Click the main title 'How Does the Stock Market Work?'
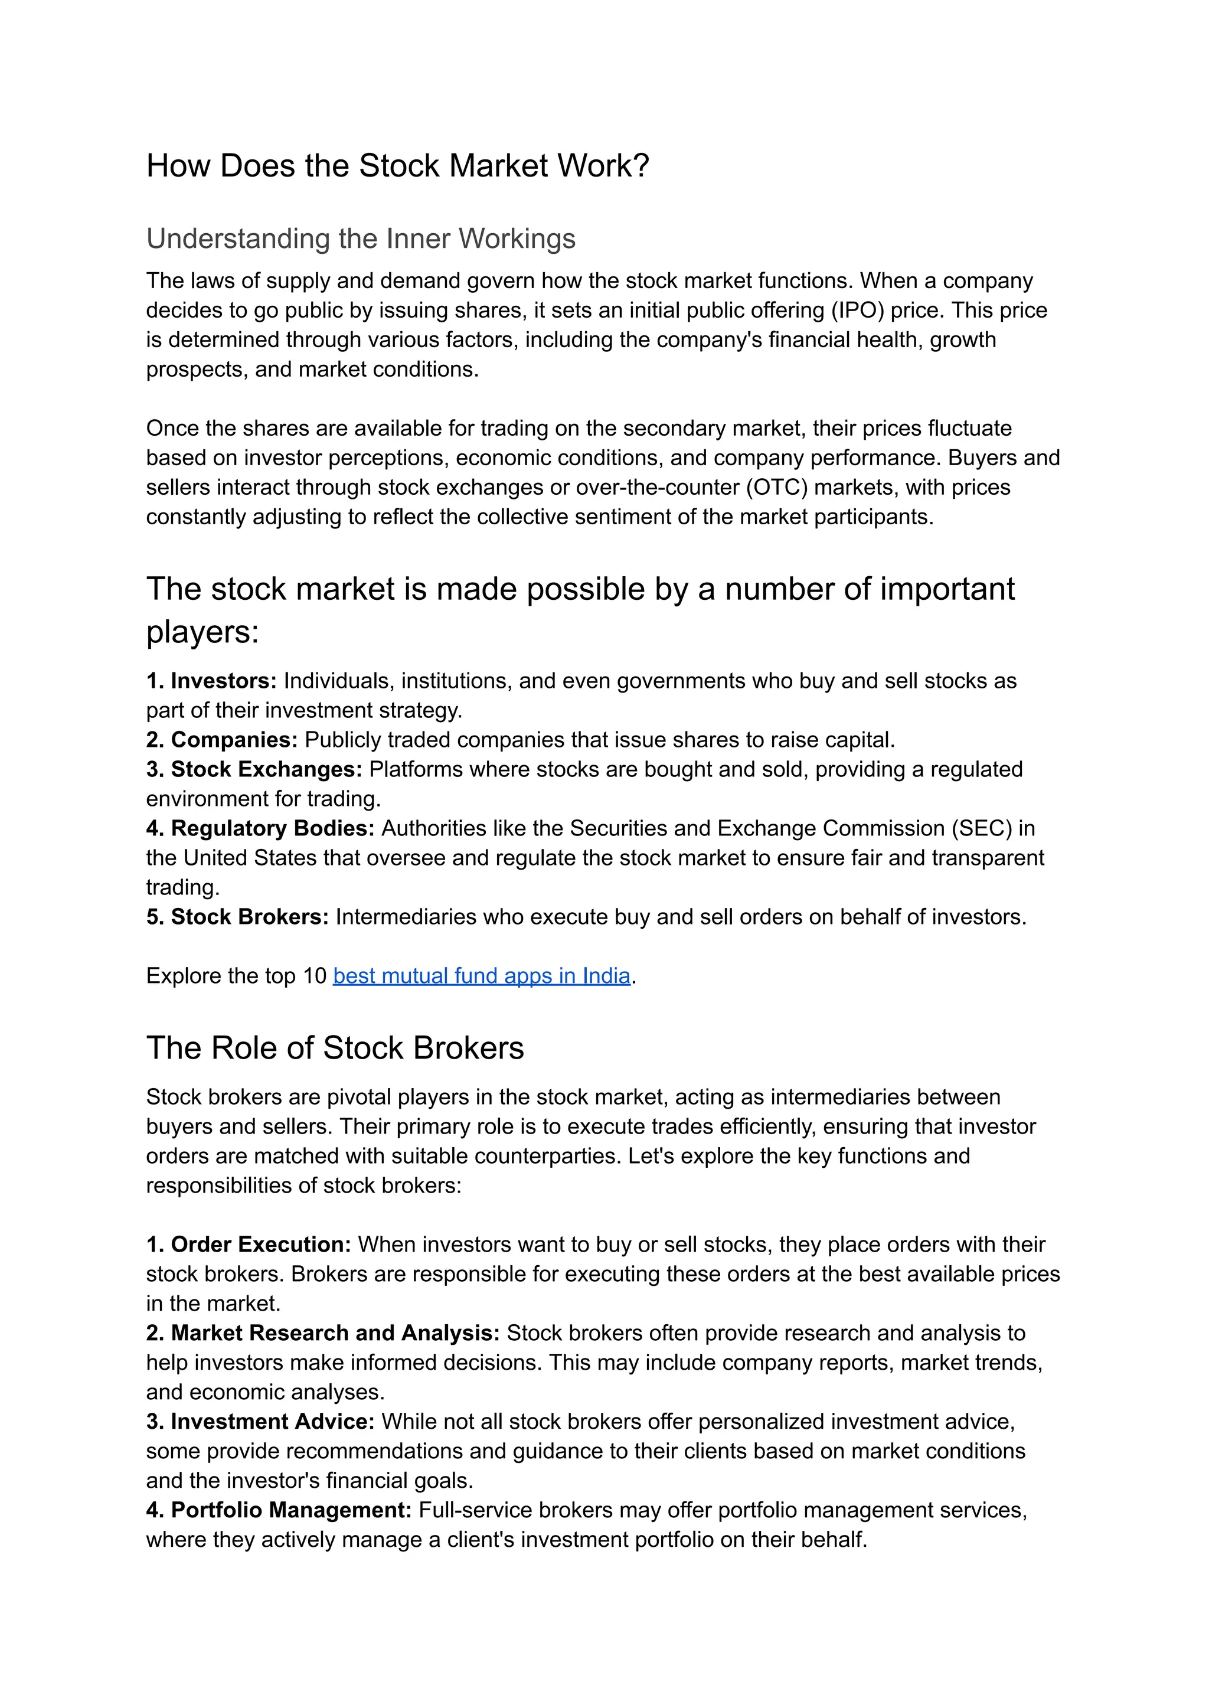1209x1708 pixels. pos(397,165)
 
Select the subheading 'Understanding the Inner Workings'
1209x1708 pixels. pos(360,239)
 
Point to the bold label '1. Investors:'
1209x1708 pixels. pos(211,681)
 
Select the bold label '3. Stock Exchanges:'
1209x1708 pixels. pos(254,769)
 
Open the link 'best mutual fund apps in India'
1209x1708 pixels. pos(482,975)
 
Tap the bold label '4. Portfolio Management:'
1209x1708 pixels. pos(279,1510)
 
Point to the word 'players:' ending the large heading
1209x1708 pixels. pos(202,632)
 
